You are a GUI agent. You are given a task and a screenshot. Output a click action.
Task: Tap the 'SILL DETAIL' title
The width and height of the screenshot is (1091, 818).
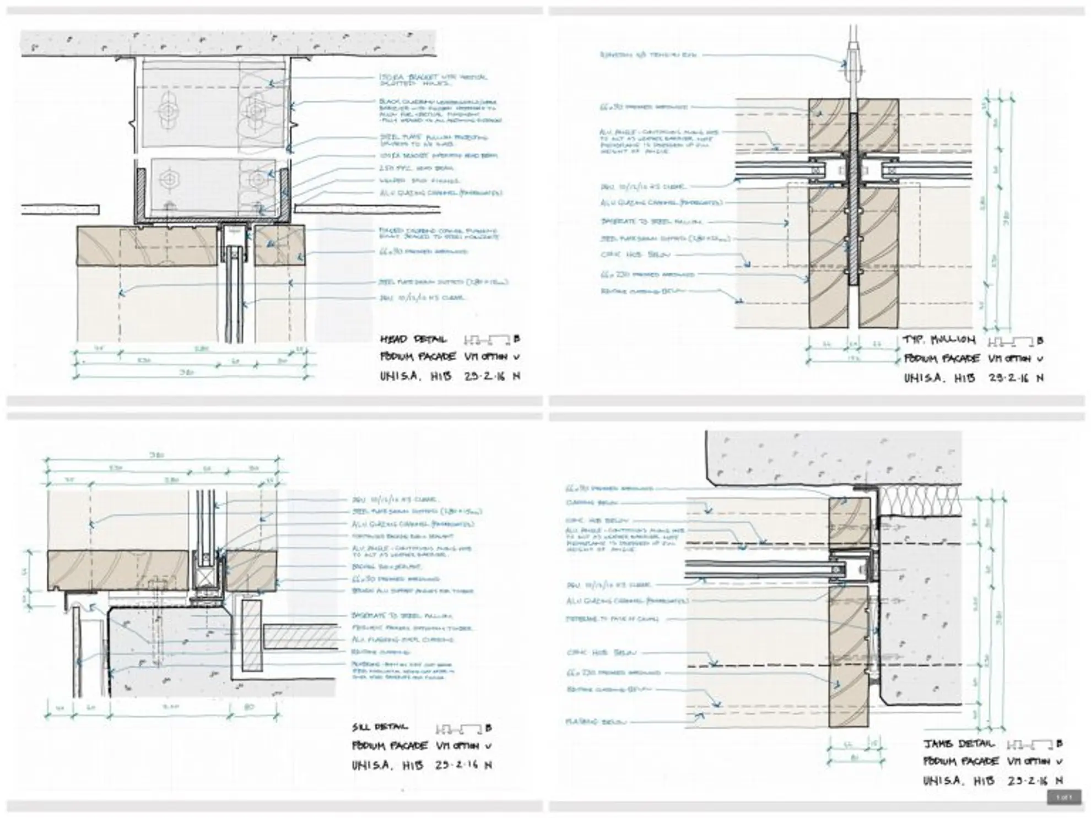[x=380, y=727]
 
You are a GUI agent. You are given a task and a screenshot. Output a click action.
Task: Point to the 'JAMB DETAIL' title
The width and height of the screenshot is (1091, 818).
[x=959, y=744]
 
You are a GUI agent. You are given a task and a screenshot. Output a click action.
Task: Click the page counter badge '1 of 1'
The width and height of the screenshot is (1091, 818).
[x=1064, y=797]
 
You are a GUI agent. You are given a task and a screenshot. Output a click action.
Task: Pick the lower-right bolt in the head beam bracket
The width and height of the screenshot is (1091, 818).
[x=258, y=179]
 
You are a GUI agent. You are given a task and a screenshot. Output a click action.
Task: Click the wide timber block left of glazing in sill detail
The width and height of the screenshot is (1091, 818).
[x=118, y=571]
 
